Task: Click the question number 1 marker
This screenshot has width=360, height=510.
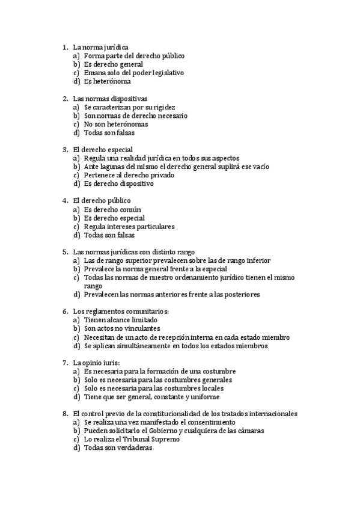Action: pos(65,47)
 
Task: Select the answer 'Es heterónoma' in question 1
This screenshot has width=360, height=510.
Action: pos(107,81)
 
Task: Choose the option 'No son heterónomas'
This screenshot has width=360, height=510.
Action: pos(115,124)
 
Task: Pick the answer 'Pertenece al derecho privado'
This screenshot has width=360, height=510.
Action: pos(129,176)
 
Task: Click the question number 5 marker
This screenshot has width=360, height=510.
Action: pos(65,252)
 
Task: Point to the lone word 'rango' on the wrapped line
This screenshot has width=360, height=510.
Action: pos(93,286)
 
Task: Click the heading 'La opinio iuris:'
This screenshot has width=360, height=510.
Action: pos(96,363)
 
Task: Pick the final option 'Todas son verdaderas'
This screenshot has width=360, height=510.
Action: pos(118,448)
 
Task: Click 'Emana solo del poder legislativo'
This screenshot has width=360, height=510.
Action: pos(133,73)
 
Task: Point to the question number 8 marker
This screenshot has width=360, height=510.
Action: pos(65,414)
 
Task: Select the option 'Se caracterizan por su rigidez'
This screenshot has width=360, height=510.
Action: pos(130,107)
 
